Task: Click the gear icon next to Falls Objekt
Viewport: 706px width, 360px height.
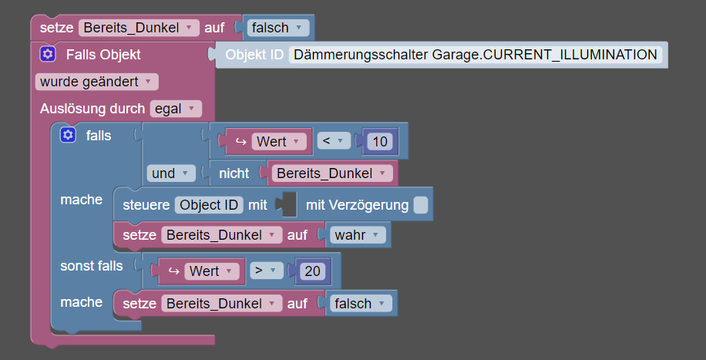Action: tap(47, 55)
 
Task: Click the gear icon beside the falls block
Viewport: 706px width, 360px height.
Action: tap(68, 135)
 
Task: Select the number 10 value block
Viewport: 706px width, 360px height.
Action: tap(380, 142)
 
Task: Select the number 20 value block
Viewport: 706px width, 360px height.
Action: tap(312, 271)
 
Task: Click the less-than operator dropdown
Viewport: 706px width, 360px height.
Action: tap(334, 142)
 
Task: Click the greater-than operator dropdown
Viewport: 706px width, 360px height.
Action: tap(267, 271)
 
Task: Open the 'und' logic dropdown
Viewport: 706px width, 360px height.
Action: tap(171, 173)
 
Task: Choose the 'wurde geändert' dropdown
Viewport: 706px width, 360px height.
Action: tap(97, 82)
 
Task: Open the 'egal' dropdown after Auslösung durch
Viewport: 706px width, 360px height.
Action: tap(176, 109)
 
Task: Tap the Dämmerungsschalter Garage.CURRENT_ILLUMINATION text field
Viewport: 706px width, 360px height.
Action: tap(476, 55)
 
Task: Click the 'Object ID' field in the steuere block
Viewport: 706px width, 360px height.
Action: tap(209, 205)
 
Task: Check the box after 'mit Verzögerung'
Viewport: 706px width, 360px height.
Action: tap(421, 205)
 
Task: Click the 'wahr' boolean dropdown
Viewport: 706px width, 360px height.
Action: tap(358, 235)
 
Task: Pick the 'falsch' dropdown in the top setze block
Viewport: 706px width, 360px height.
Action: tap(276, 28)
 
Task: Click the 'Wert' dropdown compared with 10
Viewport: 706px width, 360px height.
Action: tap(279, 142)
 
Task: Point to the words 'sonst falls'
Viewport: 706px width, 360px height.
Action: tap(92, 266)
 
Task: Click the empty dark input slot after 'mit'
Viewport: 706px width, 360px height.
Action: tap(290, 205)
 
